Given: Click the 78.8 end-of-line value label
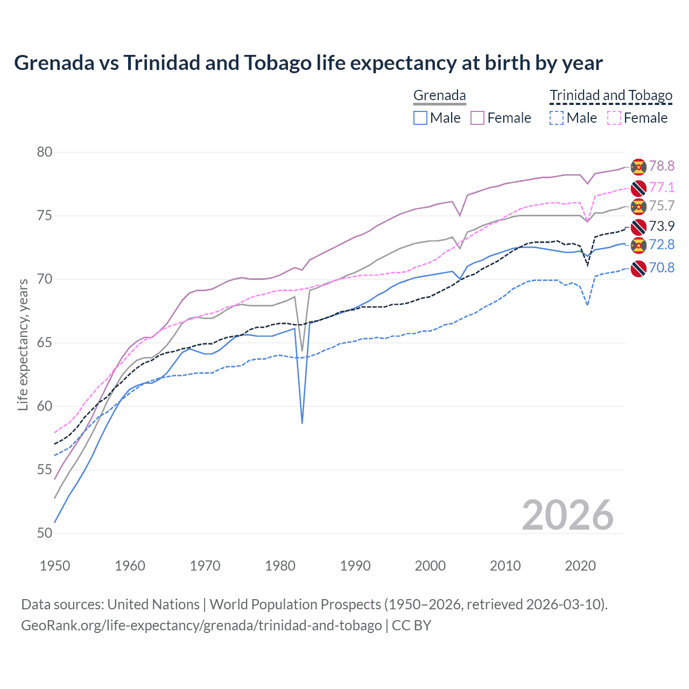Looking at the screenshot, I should pos(662,166).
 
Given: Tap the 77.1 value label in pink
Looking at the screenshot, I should pos(662,187).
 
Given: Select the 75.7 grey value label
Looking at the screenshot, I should pos(662,206).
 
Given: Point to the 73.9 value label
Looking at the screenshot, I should pos(662,226).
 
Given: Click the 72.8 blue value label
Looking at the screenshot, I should pos(662,245).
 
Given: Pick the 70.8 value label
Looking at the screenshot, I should pos(662,268).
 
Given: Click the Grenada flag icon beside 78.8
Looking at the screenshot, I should pos(638,167).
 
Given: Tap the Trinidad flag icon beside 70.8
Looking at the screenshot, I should pos(638,269).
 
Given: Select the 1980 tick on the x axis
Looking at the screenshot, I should pos(280,566).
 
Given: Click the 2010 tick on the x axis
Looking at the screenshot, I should pos(505,566).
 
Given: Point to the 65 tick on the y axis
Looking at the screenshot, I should pos(45,343).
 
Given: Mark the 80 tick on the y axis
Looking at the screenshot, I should pos(45,152).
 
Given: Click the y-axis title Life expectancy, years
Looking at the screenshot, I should pos(23,344).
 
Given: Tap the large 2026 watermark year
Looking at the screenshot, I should pos(567,515).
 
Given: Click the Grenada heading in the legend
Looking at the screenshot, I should pos(439,96).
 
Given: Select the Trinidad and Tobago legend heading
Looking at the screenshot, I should pos(611,96).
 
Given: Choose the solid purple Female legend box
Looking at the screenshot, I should pos(477,118).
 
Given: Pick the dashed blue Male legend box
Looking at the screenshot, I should pos(557,118).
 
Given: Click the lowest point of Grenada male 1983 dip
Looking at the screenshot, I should pos(302,423).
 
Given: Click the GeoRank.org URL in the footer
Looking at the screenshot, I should pos(201,625).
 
